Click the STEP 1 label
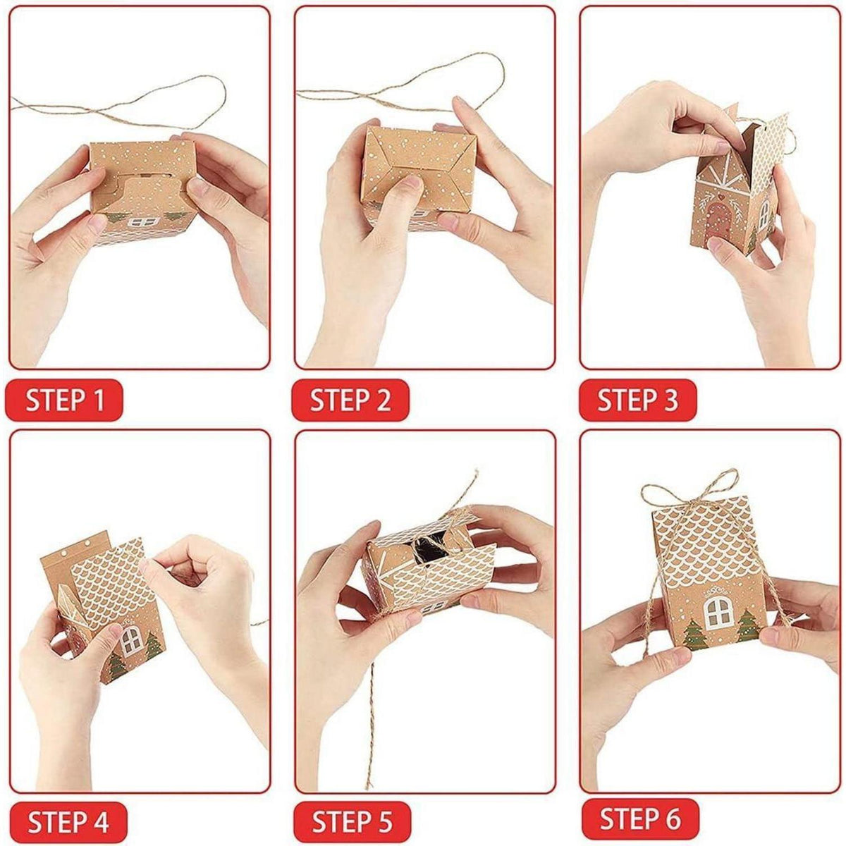[64, 401]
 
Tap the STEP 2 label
[350, 401]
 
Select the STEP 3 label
[637, 401]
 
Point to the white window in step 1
[140, 222]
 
